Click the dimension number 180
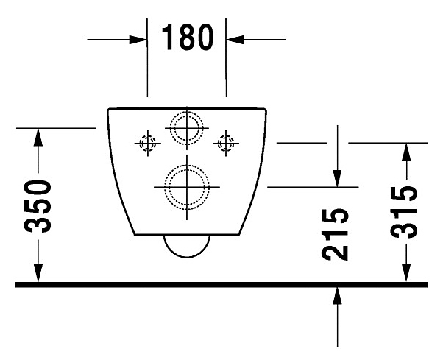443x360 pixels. pos(187,37)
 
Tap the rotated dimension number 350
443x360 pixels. pos(38,206)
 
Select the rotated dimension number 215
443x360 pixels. pos(336,233)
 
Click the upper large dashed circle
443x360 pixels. pos(186,128)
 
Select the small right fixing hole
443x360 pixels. pos(225,142)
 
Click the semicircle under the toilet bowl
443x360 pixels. pos(186,247)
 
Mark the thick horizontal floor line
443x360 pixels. pos(221,283)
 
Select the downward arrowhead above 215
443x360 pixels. pos(336,178)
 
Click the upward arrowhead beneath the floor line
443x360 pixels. pos(336,295)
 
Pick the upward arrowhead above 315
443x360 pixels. pos(405,152)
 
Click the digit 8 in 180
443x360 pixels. pos(187,37)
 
